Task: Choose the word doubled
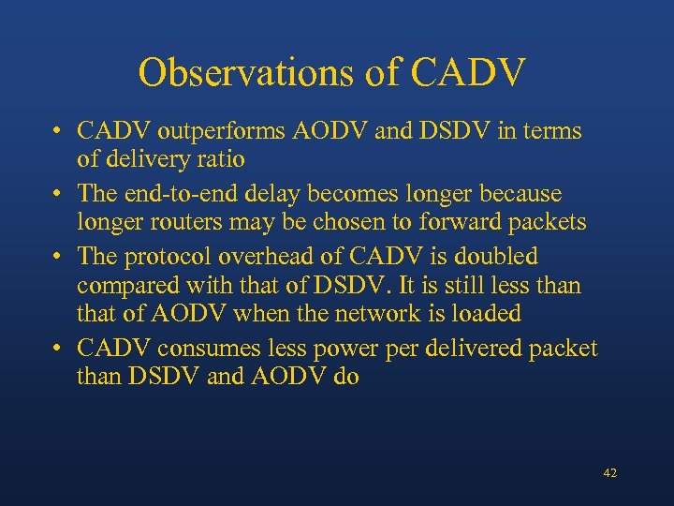point(493,256)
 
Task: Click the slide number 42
point(609,474)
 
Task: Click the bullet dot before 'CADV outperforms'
point(58,132)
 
